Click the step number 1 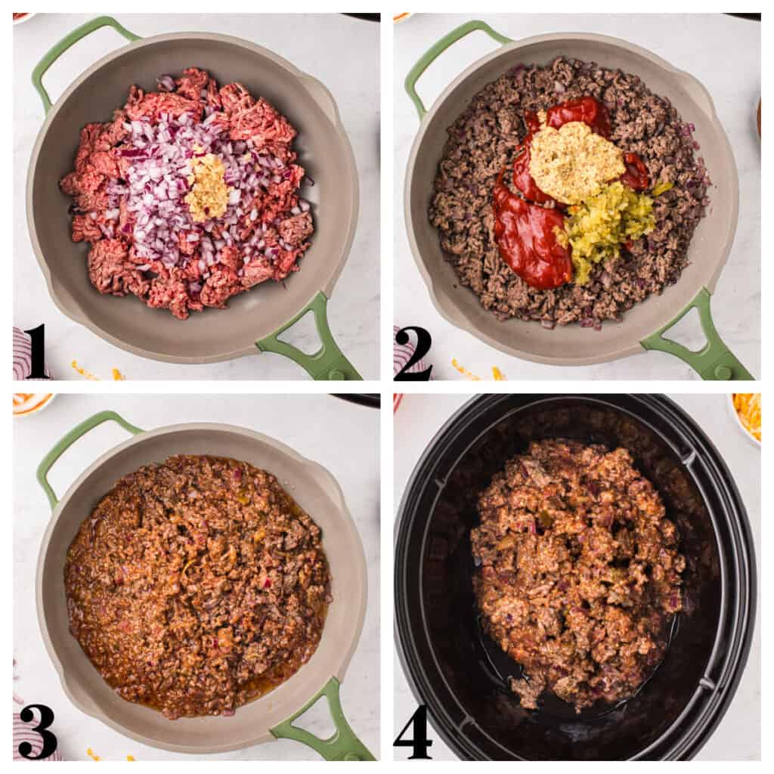(35, 351)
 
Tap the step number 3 (37, 730)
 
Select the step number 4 (413, 731)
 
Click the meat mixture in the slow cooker (574, 567)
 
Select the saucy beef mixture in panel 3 (197, 582)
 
